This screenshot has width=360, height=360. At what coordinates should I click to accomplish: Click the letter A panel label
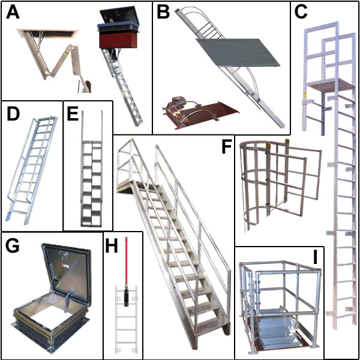[x=13, y=13]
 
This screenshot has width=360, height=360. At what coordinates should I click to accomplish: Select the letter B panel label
[x=164, y=13]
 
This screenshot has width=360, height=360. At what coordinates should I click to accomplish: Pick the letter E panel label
[x=74, y=115]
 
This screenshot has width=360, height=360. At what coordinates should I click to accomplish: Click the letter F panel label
[x=227, y=147]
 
